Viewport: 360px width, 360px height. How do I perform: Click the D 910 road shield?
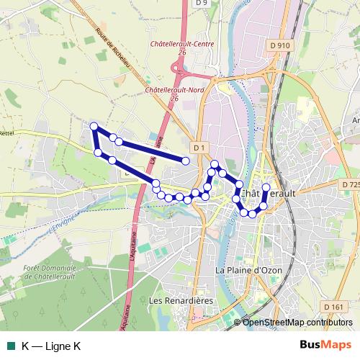(282, 45)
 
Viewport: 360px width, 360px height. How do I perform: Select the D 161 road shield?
(333, 307)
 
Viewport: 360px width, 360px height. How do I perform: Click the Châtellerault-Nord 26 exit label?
(175, 94)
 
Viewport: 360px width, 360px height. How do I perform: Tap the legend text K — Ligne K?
(51, 346)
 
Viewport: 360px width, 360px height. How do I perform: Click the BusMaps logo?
(325, 345)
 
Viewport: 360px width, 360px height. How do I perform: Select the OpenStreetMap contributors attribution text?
(298, 322)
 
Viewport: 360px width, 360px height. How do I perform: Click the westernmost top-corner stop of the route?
(94, 127)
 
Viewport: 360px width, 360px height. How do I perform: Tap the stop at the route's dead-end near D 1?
(186, 161)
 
